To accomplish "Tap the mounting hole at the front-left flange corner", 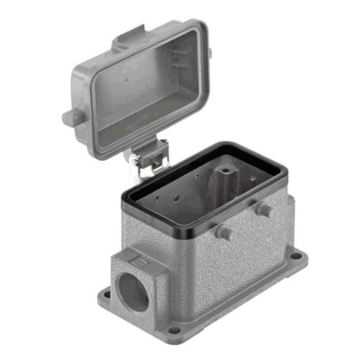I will (x=105, y=294).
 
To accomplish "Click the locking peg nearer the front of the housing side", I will (x=224, y=233).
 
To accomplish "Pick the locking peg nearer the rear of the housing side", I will (x=264, y=209).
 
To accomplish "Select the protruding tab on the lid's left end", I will (x=71, y=117).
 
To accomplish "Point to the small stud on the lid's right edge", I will (x=210, y=53).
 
